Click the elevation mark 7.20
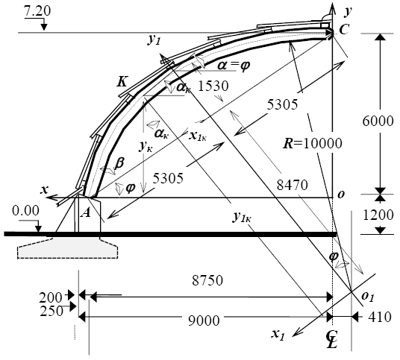[x=37, y=12]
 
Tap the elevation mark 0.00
[x=26, y=211]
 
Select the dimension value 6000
[x=378, y=121]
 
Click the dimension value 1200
[x=378, y=215]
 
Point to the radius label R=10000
[x=312, y=143]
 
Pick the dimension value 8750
[x=207, y=280]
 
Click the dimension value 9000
[x=204, y=320]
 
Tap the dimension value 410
[x=380, y=318]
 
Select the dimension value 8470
[x=293, y=186]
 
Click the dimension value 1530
[x=213, y=86]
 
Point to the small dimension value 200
[x=51, y=297]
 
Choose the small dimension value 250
[x=51, y=311]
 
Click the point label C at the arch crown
[x=343, y=30]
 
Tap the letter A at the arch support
[x=86, y=212]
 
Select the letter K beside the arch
[x=122, y=82]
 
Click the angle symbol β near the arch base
[x=119, y=163]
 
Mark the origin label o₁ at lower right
[x=368, y=297]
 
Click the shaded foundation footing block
[x=68, y=249]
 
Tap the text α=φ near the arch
[x=234, y=66]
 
